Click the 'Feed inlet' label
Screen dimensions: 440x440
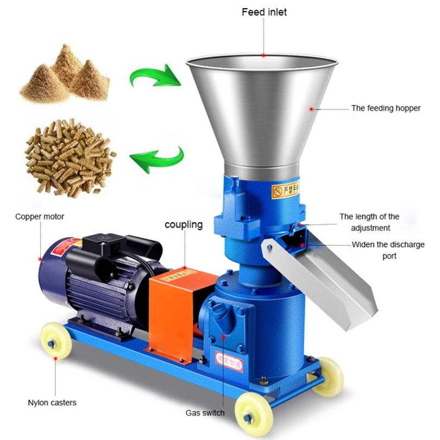coord(264,12)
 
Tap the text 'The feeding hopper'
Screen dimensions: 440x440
coord(386,108)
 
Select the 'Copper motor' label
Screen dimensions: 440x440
coord(40,217)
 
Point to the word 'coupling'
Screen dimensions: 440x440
coord(184,224)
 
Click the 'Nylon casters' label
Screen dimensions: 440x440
coord(52,403)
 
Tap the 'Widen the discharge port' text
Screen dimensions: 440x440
coord(388,250)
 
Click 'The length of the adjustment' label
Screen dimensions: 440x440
coord(369,222)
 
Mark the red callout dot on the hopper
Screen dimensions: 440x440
coord(311,109)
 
